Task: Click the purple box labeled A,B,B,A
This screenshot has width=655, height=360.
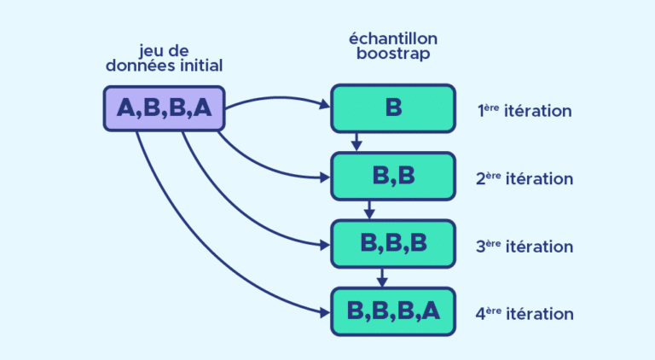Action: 164,108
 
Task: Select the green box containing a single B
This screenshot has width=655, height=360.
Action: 392,108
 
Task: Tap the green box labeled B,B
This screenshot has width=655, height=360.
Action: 392,176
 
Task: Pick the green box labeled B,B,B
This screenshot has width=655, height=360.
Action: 392,243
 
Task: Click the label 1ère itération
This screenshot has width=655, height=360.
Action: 524,111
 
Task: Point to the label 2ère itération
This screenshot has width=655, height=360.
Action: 524,178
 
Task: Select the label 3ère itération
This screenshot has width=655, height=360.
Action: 524,246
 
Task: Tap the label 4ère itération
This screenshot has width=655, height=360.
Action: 524,313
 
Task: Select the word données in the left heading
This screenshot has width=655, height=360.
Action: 138,66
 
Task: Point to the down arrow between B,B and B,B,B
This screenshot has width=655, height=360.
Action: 368,210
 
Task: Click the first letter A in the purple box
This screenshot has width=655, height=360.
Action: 126,108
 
